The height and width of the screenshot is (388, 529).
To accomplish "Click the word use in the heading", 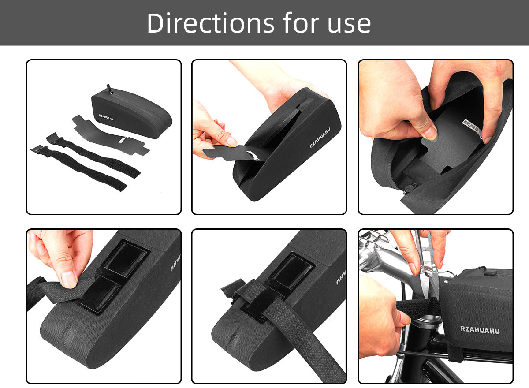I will [x=348, y=25].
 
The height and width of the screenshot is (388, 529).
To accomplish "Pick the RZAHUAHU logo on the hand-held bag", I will [x=320, y=137].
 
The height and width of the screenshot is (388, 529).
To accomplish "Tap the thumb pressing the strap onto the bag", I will [x=68, y=279].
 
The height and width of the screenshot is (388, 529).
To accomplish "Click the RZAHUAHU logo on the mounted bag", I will [x=480, y=330].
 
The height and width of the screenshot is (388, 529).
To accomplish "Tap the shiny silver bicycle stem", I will [x=384, y=260].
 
